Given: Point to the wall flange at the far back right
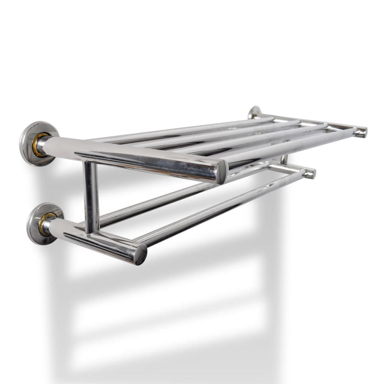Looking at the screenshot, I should pyautogui.click(x=254, y=112).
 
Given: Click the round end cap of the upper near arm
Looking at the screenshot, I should pyautogui.click(x=222, y=172).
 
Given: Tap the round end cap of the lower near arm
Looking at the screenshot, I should pyautogui.click(x=140, y=253).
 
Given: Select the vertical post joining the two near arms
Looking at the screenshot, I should pyautogui.click(x=91, y=197).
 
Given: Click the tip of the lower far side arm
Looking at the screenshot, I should pyautogui.click(x=310, y=173).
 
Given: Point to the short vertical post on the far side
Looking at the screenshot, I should pyautogui.click(x=284, y=159).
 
